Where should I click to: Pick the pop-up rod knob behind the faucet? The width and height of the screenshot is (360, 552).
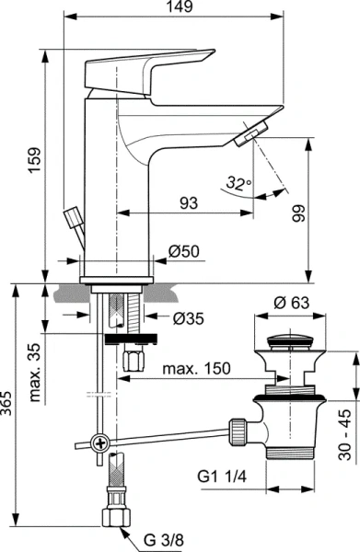pyautogui.click(x=72, y=219)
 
